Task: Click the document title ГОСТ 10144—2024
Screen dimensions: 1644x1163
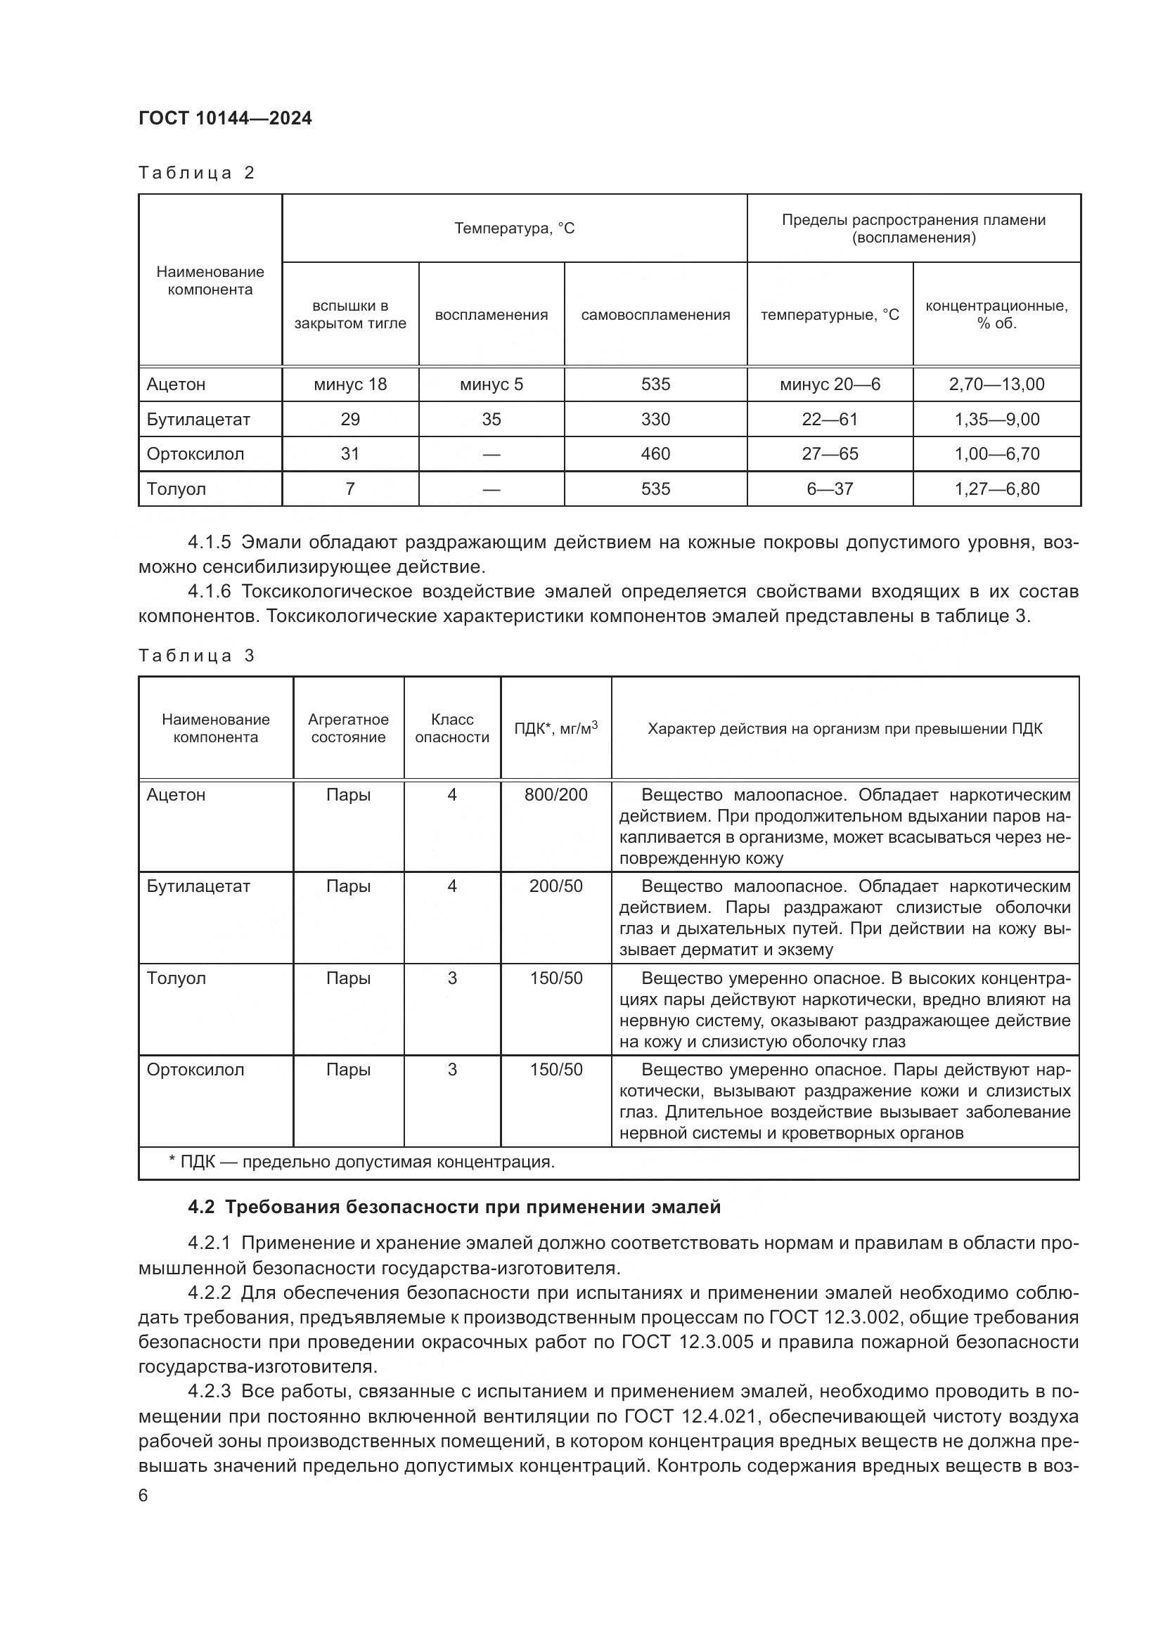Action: click(x=225, y=118)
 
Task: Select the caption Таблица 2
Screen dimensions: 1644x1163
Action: click(x=196, y=173)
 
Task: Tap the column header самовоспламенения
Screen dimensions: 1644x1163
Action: click(x=655, y=315)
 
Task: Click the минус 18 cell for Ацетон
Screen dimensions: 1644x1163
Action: click(x=350, y=384)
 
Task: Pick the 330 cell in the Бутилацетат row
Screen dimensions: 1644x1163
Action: click(x=655, y=420)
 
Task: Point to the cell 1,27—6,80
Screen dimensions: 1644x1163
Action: click(x=996, y=489)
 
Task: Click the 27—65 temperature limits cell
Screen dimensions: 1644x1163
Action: click(x=829, y=454)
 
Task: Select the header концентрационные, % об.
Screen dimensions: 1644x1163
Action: click(x=996, y=314)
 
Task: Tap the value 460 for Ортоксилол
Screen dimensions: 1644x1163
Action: click(x=655, y=454)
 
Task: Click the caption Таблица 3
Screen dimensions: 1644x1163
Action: click(x=196, y=656)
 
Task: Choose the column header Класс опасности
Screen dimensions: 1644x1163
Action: click(x=452, y=728)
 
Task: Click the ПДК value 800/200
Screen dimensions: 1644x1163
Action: click(x=555, y=795)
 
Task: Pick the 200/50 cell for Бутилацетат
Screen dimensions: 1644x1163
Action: click(x=555, y=886)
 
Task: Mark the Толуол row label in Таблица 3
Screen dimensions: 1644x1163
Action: click(x=176, y=978)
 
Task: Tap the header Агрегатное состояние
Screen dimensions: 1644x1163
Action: click(x=348, y=728)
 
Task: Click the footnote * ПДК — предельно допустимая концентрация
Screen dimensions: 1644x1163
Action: click(x=361, y=1162)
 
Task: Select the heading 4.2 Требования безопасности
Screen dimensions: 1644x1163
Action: click(x=454, y=1208)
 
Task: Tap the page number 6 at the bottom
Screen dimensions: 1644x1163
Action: click(x=143, y=1496)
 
